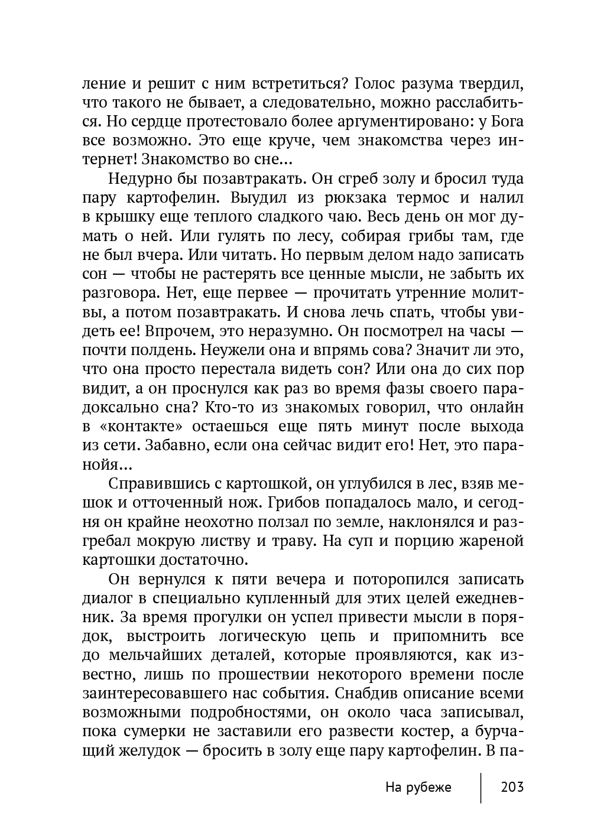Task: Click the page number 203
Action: pos(512,787)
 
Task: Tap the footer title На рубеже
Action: pos(418,787)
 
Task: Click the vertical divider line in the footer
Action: pos(481,787)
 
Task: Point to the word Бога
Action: pos(505,122)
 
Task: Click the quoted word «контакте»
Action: pos(143,426)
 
